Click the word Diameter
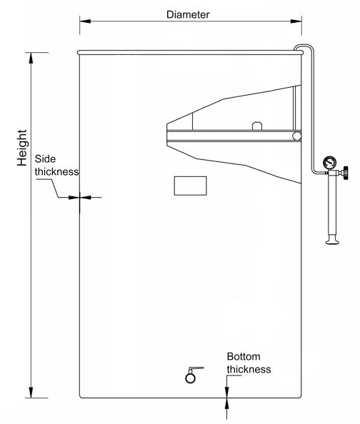(x=188, y=14)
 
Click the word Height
(x=22, y=148)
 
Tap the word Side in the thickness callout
(x=45, y=158)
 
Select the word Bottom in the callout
(x=244, y=356)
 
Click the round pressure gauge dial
(x=330, y=163)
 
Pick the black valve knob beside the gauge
(x=346, y=173)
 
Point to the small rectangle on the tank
(x=190, y=186)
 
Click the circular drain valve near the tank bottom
(x=190, y=378)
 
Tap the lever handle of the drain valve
(x=196, y=369)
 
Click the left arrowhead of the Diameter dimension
(x=85, y=21)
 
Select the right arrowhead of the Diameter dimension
(x=296, y=21)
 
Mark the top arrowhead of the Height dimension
(x=31, y=58)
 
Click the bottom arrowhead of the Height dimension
(x=31, y=393)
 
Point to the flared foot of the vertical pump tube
(x=333, y=240)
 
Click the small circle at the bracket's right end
(x=296, y=136)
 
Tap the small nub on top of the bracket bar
(x=257, y=126)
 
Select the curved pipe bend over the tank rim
(x=304, y=46)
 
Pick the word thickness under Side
(x=57, y=172)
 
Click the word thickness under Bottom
(x=249, y=369)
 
